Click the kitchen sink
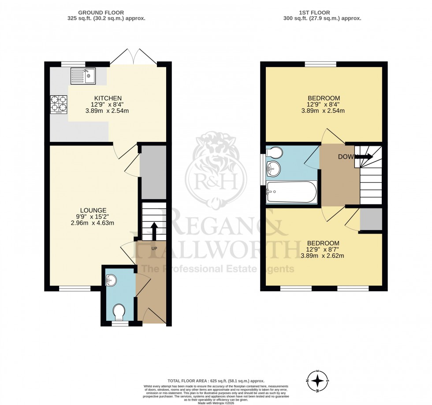82,76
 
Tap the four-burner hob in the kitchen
59,104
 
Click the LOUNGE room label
93,210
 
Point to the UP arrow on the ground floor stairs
154,230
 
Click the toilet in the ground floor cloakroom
119,312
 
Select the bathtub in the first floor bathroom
291,192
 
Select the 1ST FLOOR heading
322,13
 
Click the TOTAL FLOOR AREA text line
216,380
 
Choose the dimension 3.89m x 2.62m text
323,256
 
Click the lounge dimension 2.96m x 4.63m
93,223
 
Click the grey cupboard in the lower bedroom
371,219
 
